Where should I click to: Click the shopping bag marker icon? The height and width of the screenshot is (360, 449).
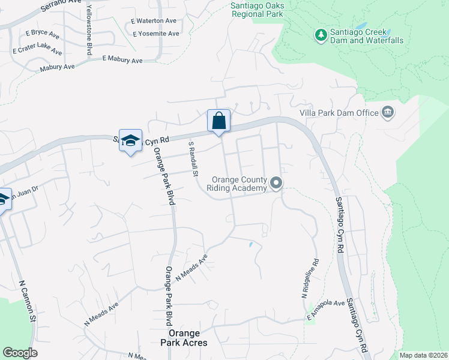[219, 121]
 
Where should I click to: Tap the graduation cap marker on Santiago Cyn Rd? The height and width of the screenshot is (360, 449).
[130, 141]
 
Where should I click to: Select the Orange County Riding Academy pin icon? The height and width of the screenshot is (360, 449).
[276, 184]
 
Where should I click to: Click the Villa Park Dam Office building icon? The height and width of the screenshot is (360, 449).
[387, 112]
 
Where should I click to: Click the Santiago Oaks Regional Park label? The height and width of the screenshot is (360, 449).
[258, 9]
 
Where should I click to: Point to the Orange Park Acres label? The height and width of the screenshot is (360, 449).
[188, 338]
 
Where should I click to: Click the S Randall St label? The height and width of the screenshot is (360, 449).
[193, 159]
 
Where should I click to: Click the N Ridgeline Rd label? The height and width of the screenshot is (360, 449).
[309, 279]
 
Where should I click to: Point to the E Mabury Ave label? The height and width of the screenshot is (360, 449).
[122, 60]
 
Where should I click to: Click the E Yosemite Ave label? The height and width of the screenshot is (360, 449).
[156, 34]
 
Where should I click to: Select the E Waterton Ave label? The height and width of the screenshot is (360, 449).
[154, 20]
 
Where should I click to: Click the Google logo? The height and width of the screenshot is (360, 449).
[20, 353]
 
